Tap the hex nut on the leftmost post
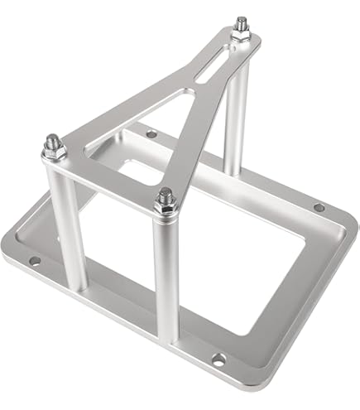tap(51, 152)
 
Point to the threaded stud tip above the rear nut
tap(242, 21)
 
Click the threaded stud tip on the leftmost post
tap(50, 138)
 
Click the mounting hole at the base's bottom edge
tap(217, 358)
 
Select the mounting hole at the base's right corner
tap(319, 207)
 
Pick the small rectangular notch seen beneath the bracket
tap(132, 170)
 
